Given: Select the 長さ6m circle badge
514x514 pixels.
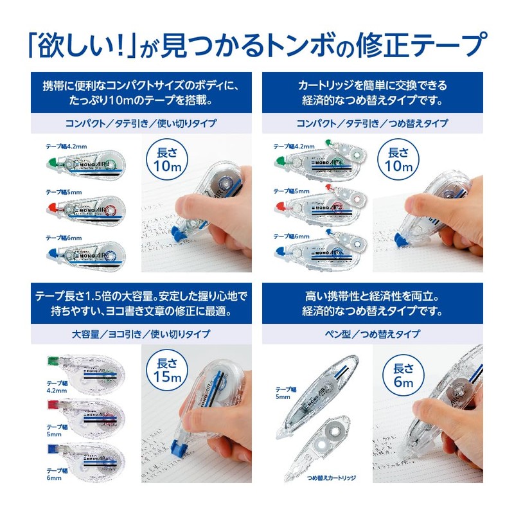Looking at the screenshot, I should click(x=402, y=371).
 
